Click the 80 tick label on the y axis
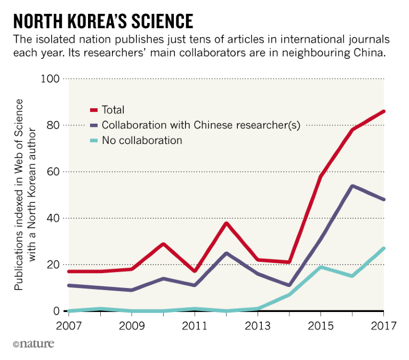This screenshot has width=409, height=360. [x=52, y=125]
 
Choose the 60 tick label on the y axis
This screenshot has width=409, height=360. [x=52, y=172]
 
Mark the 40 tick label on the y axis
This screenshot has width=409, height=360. [x=52, y=218]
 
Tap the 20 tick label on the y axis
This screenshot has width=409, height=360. [x=52, y=265]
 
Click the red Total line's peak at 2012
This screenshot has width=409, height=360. [x=226, y=223]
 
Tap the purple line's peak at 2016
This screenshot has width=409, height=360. [x=352, y=186]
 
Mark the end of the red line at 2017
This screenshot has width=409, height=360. [x=383, y=111]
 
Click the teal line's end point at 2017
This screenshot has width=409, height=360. [x=383, y=248]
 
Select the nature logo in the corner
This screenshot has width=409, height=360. [x=33, y=345]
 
